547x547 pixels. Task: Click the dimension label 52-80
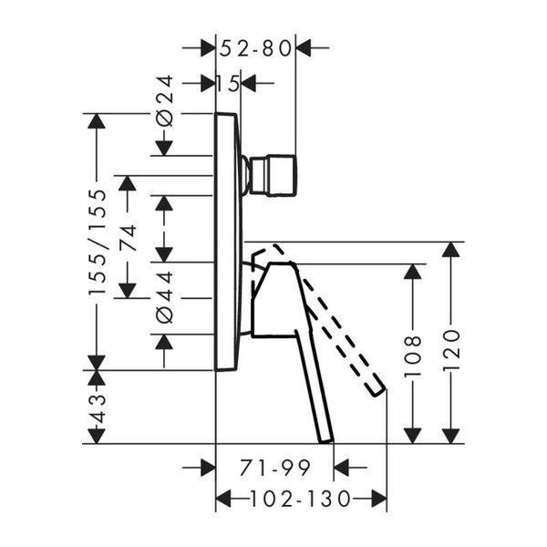255,48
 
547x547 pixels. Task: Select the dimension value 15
228,83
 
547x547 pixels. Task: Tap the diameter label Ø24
164,101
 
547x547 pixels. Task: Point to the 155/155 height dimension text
97,243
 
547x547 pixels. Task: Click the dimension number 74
128,238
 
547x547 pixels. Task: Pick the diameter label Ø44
164,297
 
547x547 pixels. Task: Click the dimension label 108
413,356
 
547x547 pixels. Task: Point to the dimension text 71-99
274,468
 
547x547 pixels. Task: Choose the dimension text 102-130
300,499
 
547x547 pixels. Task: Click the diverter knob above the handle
273,175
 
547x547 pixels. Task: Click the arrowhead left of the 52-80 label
208,47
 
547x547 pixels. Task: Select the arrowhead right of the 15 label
249,83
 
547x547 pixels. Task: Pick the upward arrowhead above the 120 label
451,250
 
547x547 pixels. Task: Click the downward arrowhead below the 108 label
413,436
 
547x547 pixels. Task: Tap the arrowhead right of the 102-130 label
379,499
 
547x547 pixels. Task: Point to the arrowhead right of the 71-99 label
342,468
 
